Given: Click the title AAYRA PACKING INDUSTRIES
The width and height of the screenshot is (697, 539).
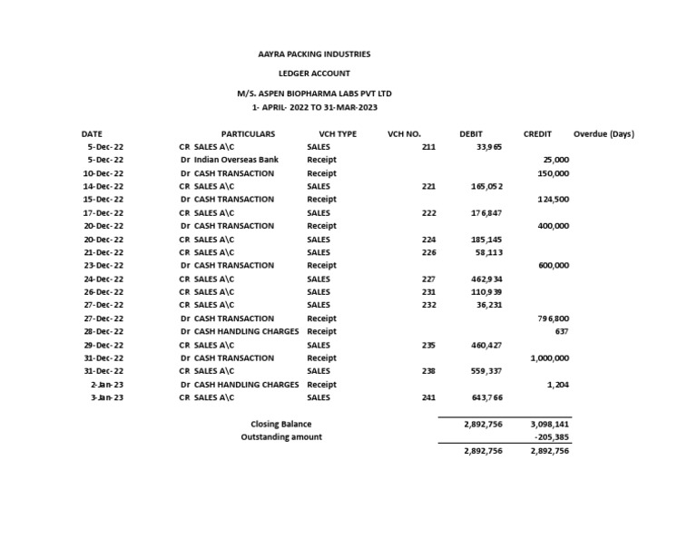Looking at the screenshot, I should click(x=314, y=54).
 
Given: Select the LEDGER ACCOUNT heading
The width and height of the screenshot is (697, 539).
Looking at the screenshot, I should click(x=314, y=73).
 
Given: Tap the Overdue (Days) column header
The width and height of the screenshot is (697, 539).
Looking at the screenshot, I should click(x=604, y=133).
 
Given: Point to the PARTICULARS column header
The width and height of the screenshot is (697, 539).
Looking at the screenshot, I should click(x=248, y=133).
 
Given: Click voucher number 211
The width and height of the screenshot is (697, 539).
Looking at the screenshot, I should click(x=428, y=147).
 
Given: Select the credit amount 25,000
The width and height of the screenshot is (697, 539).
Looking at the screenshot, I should click(x=555, y=160).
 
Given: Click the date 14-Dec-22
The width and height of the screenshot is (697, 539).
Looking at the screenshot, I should click(x=103, y=186).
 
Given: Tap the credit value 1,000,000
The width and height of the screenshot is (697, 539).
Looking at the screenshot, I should click(x=550, y=358).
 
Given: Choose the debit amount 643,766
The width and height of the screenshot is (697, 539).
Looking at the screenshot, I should click(x=487, y=397).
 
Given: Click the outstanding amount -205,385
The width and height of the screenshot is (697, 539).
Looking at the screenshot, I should click(x=553, y=437).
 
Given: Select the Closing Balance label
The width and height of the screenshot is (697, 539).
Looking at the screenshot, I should click(x=280, y=424).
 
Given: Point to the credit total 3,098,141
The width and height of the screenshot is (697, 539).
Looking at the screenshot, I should click(x=549, y=424).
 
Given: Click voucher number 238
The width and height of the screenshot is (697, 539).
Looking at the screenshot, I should click(x=428, y=371).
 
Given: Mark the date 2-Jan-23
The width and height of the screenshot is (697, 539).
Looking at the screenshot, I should click(x=107, y=385).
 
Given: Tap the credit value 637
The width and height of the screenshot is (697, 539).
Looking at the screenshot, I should click(x=562, y=331).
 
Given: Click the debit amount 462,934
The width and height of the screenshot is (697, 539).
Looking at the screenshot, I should click(x=487, y=279).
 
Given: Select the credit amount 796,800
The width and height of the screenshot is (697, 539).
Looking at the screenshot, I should click(x=553, y=318).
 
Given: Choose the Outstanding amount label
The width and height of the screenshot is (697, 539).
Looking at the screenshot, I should click(x=280, y=437).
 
